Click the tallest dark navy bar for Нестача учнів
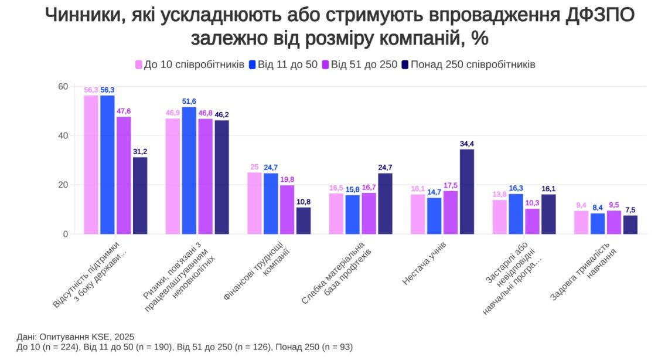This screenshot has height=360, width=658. (x=467, y=192)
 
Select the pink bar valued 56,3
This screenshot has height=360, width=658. (x=91, y=165)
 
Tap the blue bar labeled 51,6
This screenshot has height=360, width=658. (x=189, y=171)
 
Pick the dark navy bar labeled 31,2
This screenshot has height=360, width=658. (x=140, y=196)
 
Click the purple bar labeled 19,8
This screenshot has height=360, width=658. (x=287, y=210)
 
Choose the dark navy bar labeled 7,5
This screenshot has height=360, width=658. (x=630, y=225)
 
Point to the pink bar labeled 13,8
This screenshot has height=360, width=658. (x=500, y=217)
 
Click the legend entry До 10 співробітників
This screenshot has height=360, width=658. (x=189, y=64)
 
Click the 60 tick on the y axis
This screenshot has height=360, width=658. (x=63, y=87)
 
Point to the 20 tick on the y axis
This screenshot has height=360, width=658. (x=63, y=185)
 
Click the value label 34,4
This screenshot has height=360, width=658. (x=467, y=144)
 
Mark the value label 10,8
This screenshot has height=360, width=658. (x=304, y=202)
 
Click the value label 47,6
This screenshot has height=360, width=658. (x=124, y=111)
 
